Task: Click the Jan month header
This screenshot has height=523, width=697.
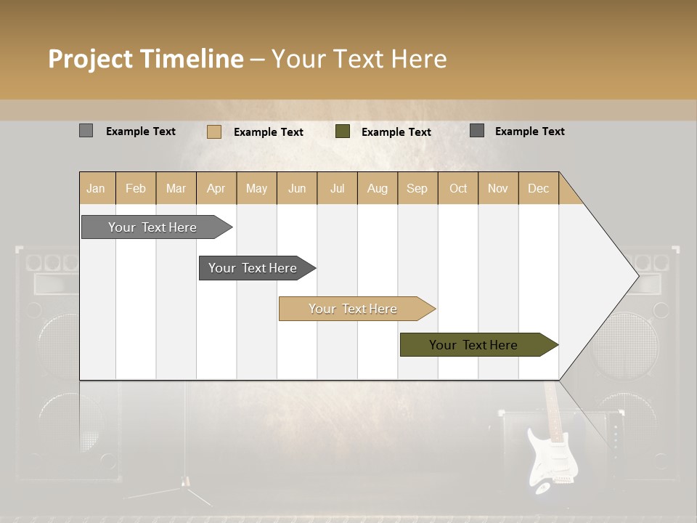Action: click(97, 188)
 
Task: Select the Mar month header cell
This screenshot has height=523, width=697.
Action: click(176, 188)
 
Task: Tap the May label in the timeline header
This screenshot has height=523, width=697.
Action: click(256, 188)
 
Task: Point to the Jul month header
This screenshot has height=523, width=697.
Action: click(337, 188)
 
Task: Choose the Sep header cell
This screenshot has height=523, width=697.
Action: click(417, 188)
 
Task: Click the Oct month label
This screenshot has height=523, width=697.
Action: click(458, 188)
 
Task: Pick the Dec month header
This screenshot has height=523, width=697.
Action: click(538, 188)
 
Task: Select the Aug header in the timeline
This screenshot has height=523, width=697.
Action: click(377, 188)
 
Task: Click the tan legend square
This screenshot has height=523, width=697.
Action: click(213, 131)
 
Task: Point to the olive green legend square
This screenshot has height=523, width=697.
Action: click(343, 131)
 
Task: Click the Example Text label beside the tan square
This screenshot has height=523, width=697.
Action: click(269, 132)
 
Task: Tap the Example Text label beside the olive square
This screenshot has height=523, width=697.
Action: click(396, 132)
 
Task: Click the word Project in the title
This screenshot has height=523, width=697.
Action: click(90, 59)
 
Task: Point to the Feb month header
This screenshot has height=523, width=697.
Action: click(136, 188)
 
